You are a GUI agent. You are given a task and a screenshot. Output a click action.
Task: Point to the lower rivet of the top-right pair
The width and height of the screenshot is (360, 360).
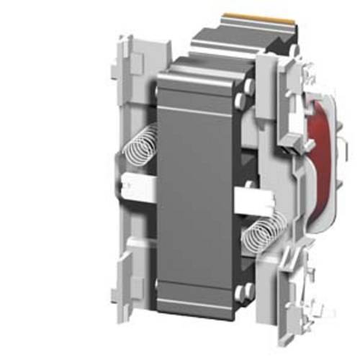[x=248, y=110]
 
